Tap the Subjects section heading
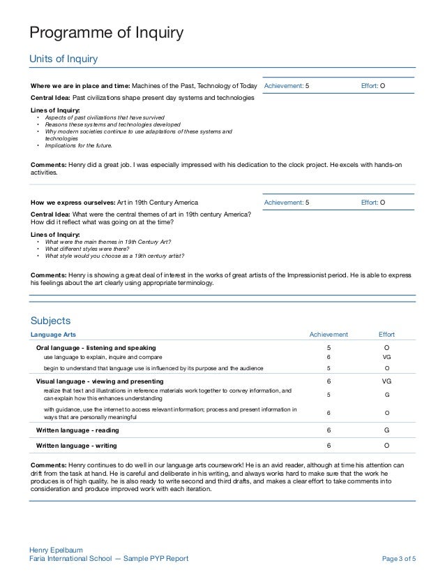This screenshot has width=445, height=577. (51, 321)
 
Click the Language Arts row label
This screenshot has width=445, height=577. (56, 335)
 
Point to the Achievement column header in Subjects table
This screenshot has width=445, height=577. (329, 335)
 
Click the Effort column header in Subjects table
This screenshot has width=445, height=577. (386, 335)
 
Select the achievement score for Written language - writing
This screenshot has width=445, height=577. (329, 444)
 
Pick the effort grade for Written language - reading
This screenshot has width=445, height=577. (386, 430)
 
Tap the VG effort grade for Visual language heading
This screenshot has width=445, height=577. (386, 381)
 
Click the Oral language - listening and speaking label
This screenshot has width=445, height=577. (96, 347)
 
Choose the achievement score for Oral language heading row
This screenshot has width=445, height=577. (329, 347)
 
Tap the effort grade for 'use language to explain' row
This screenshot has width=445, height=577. (386, 356)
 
